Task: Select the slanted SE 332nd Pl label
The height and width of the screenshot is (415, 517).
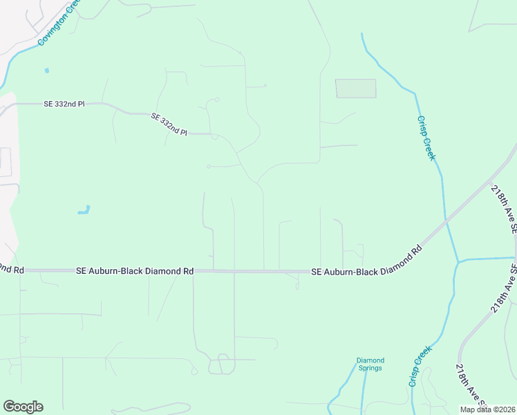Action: click(x=169, y=125)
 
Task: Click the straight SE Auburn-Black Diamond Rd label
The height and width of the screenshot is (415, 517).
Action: click(x=135, y=271)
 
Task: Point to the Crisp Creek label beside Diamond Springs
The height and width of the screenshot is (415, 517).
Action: click(x=420, y=366)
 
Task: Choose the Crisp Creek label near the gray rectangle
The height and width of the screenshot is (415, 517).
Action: click(x=426, y=138)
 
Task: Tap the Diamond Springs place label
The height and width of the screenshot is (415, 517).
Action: click(x=370, y=364)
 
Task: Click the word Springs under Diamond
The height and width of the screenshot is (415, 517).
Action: click(x=370, y=368)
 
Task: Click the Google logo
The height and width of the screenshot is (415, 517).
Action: click(x=23, y=407)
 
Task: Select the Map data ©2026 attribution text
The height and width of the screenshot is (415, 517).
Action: click(x=487, y=409)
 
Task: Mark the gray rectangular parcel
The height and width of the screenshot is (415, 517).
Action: click(x=355, y=89)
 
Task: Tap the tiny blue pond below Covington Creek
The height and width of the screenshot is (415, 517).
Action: click(x=47, y=70)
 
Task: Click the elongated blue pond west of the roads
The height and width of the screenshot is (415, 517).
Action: click(x=84, y=210)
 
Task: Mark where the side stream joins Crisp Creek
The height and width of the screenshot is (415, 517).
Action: click(x=457, y=262)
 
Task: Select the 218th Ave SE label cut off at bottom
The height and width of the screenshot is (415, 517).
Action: click(x=470, y=389)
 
